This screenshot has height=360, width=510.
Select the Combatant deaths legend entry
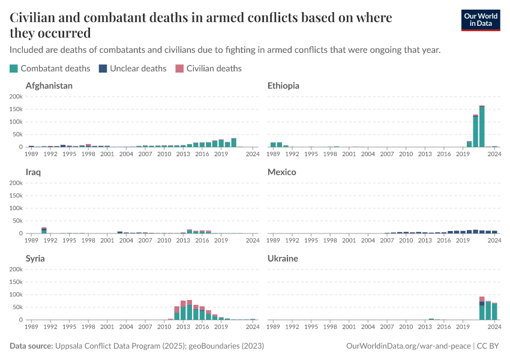coord(50,68)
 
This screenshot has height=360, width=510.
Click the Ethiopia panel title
coord(283,86)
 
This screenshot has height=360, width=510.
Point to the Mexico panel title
coord(282,172)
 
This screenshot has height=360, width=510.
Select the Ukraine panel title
coord(283,259)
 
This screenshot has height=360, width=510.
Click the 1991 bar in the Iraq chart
coord(44,230)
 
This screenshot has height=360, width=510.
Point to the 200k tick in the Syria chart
coord(16,269)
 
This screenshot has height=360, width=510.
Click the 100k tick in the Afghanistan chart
coord(16,122)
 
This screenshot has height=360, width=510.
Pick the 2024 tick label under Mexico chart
coord(494,241)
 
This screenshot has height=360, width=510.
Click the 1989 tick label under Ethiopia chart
coord(273,154)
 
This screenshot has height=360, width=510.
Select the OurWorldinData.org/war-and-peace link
coord(409,346)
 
